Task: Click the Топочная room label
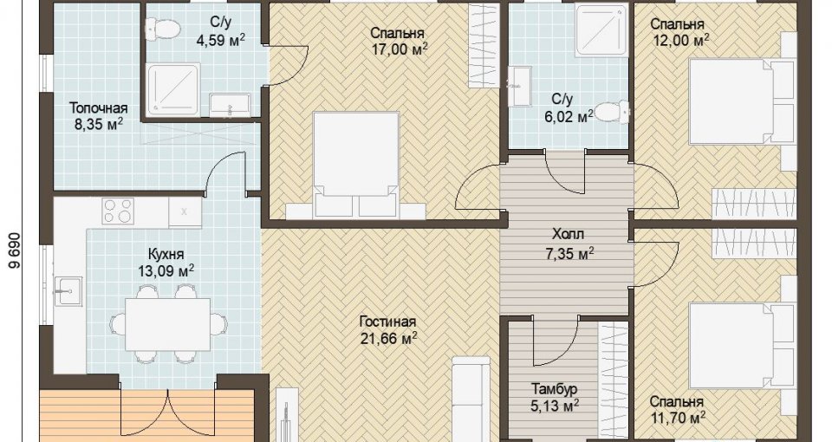click(99, 109)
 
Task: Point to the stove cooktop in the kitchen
click(117, 211)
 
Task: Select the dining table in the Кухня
click(167, 324)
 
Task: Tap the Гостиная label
click(387, 322)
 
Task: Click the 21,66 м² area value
click(388, 338)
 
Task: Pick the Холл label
click(568, 234)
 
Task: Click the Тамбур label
click(554, 389)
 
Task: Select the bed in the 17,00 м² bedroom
click(355, 165)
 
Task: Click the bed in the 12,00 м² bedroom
click(741, 101)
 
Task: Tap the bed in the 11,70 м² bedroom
click(741, 346)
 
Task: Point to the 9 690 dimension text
click(15, 252)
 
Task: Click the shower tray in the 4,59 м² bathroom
click(174, 89)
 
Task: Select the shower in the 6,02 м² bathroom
click(602, 30)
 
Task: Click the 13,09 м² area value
click(166, 271)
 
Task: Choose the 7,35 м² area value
click(569, 254)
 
